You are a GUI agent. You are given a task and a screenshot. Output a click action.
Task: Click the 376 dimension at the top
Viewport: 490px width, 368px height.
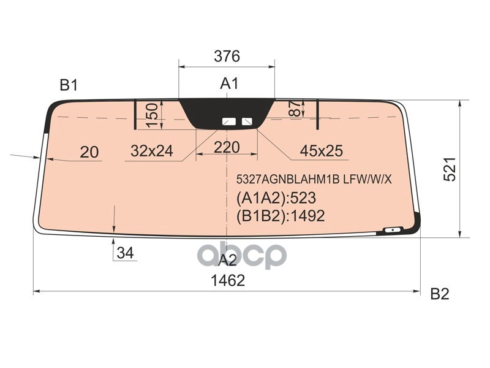click(x=227, y=56)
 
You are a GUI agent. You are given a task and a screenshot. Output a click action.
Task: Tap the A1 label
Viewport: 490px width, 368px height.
click(x=229, y=84)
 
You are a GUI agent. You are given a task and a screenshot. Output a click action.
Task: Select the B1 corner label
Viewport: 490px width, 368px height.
click(x=69, y=85)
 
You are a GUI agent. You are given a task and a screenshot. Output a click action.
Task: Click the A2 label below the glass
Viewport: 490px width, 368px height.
click(x=227, y=260)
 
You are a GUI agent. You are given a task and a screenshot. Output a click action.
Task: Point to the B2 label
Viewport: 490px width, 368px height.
click(x=439, y=294)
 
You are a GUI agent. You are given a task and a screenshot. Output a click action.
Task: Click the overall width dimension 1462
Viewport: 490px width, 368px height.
click(x=227, y=280)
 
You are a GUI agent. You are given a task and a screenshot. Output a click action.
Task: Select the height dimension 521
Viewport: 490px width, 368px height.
click(x=450, y=169)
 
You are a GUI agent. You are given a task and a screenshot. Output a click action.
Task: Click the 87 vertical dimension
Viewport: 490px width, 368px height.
click(x=295, y=110)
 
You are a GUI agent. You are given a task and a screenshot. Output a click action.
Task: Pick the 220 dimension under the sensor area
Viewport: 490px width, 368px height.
click(x=226, y=147)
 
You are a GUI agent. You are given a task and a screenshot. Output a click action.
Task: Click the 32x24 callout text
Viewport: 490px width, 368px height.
click(x=152, y=150)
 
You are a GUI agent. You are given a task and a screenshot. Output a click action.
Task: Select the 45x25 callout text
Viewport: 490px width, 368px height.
click(x=321, y=150)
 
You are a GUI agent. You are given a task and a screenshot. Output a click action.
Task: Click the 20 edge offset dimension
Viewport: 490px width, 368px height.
click(x=89, y=151)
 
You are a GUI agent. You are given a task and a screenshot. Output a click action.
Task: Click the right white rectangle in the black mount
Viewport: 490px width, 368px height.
click(x=248, y=121)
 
